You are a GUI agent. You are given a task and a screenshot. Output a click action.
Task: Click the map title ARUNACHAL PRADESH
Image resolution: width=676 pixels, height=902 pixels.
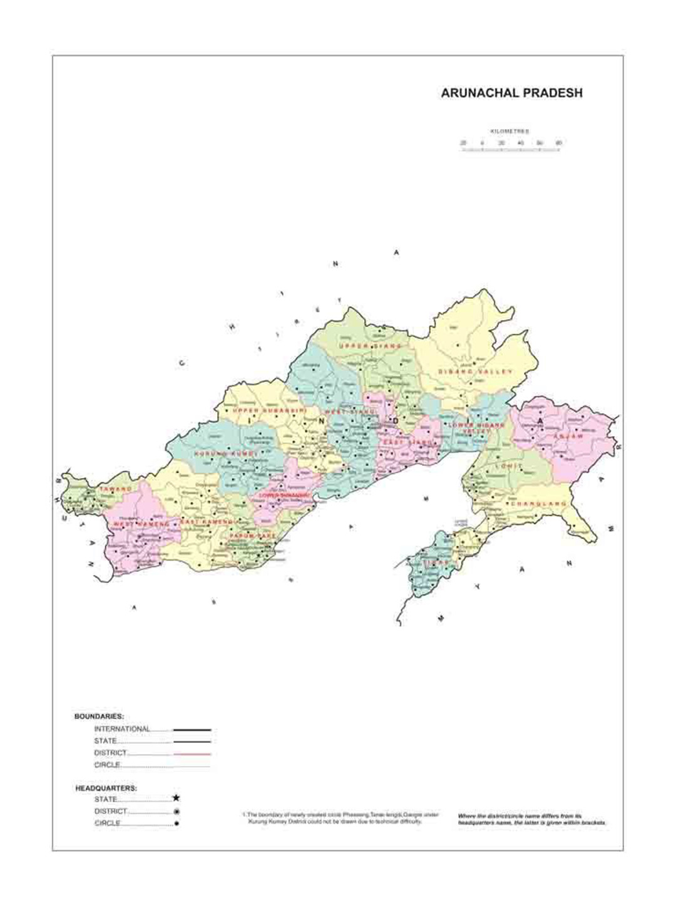(511, 93)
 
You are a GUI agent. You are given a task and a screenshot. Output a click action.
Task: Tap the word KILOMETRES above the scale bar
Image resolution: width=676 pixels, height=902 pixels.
(510, 132)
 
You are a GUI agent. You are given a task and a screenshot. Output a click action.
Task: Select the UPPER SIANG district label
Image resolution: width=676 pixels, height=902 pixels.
(371, 346)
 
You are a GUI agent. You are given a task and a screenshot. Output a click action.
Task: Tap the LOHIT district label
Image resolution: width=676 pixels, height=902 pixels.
(508, 467)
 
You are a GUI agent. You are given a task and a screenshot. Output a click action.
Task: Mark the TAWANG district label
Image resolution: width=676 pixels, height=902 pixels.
(116, 489)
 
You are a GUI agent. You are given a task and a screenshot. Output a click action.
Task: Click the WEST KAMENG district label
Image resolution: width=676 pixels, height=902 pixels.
(141, 524)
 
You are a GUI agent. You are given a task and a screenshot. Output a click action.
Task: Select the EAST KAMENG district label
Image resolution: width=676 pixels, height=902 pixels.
(207, 522)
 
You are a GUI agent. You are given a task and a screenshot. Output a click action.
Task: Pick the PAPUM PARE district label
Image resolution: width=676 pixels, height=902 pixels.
(252, 537)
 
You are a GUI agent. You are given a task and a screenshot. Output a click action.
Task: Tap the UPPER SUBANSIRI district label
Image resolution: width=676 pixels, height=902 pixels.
(270, 410)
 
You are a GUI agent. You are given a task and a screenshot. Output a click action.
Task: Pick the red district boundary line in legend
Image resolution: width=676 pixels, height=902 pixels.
(192, 754)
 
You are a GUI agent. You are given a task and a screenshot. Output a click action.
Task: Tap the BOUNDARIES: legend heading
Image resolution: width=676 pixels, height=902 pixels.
(99, 716)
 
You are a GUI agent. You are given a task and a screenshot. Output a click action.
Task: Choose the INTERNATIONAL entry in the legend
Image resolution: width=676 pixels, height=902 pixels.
(122, 729)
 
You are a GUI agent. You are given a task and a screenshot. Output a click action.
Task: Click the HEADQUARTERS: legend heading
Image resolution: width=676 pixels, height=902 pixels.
(106, 787)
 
